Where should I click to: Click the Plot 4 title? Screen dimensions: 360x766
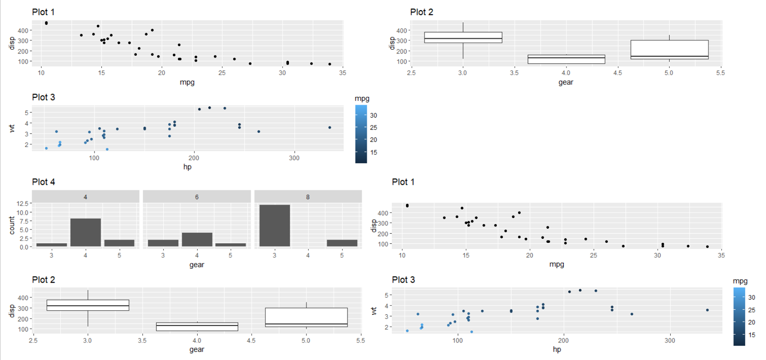pos(43,182)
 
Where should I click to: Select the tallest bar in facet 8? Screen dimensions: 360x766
pos(274,225)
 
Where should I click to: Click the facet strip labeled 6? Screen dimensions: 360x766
pos(197,197)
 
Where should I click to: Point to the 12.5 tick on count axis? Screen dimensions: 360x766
pos(23,203)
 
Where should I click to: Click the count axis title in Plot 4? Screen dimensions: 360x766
pos(12,225)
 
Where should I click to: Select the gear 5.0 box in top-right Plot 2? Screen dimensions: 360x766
pos(669,50)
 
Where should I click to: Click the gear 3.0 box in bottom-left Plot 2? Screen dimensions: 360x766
pos(88,305)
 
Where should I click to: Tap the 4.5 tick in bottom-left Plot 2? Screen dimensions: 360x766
pos(251,341)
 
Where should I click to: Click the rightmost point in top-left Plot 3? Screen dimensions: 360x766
pos(330,128)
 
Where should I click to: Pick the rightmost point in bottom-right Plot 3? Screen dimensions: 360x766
pos(707,310)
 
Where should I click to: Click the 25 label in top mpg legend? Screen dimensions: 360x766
pos(373,128)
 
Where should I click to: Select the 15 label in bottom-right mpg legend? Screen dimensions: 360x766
pos(751,335)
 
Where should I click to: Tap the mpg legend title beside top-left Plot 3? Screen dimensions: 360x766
pos(362,99)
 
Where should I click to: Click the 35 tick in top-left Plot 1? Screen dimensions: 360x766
pos(342,73)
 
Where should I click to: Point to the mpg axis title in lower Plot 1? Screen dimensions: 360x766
pos(556,264)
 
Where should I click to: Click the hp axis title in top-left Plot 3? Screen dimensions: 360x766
pos(187,166)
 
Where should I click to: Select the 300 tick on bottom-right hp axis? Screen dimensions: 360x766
pos(669,341)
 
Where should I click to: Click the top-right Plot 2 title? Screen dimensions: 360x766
pos(421,12)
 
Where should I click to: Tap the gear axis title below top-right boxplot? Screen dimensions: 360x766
pos(566,82)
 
